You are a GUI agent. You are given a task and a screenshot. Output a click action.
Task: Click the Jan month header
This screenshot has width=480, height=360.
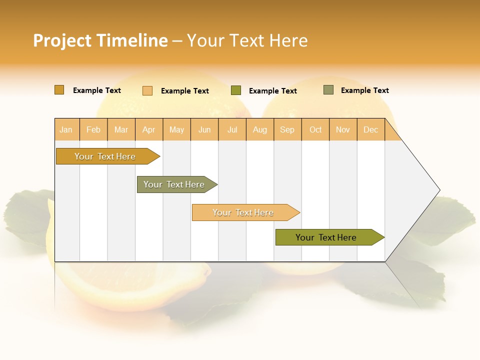(x=66, y=129)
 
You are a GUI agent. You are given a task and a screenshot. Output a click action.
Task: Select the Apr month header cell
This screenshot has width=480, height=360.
(x=149, y=129)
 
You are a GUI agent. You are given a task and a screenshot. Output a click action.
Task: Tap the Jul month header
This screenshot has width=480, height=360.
(x=232, y=129)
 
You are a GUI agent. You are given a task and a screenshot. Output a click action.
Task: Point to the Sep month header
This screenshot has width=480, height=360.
(x=287, y=129)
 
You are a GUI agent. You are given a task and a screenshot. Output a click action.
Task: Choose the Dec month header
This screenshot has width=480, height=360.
(x=370, y=129)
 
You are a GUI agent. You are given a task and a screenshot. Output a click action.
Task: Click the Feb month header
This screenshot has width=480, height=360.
(x=93, y=129)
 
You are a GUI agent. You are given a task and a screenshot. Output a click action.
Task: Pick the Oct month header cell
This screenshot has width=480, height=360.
(x=315, y=129)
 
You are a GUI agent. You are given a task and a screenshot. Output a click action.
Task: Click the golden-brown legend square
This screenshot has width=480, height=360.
(x=59, y=90)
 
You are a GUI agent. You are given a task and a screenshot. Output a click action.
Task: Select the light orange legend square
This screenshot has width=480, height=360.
(x=147, y=90)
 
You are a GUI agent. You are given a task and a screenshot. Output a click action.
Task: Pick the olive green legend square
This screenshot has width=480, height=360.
(x=236, y=90)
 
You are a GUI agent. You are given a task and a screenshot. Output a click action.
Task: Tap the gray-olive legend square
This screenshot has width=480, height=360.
(x=328, y=90)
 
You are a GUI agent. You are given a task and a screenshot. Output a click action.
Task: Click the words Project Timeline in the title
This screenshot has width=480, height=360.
(x=100, y=40)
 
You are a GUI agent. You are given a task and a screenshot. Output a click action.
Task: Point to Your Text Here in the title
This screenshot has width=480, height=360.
(x=247, y=40)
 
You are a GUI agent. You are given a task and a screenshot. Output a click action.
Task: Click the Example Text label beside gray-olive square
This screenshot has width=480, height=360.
(x=364, y=90)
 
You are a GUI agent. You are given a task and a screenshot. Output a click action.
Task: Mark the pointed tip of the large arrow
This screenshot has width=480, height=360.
(x=438, y=190)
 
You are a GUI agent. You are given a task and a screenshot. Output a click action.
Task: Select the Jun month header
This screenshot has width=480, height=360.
(x=204, y=129)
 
